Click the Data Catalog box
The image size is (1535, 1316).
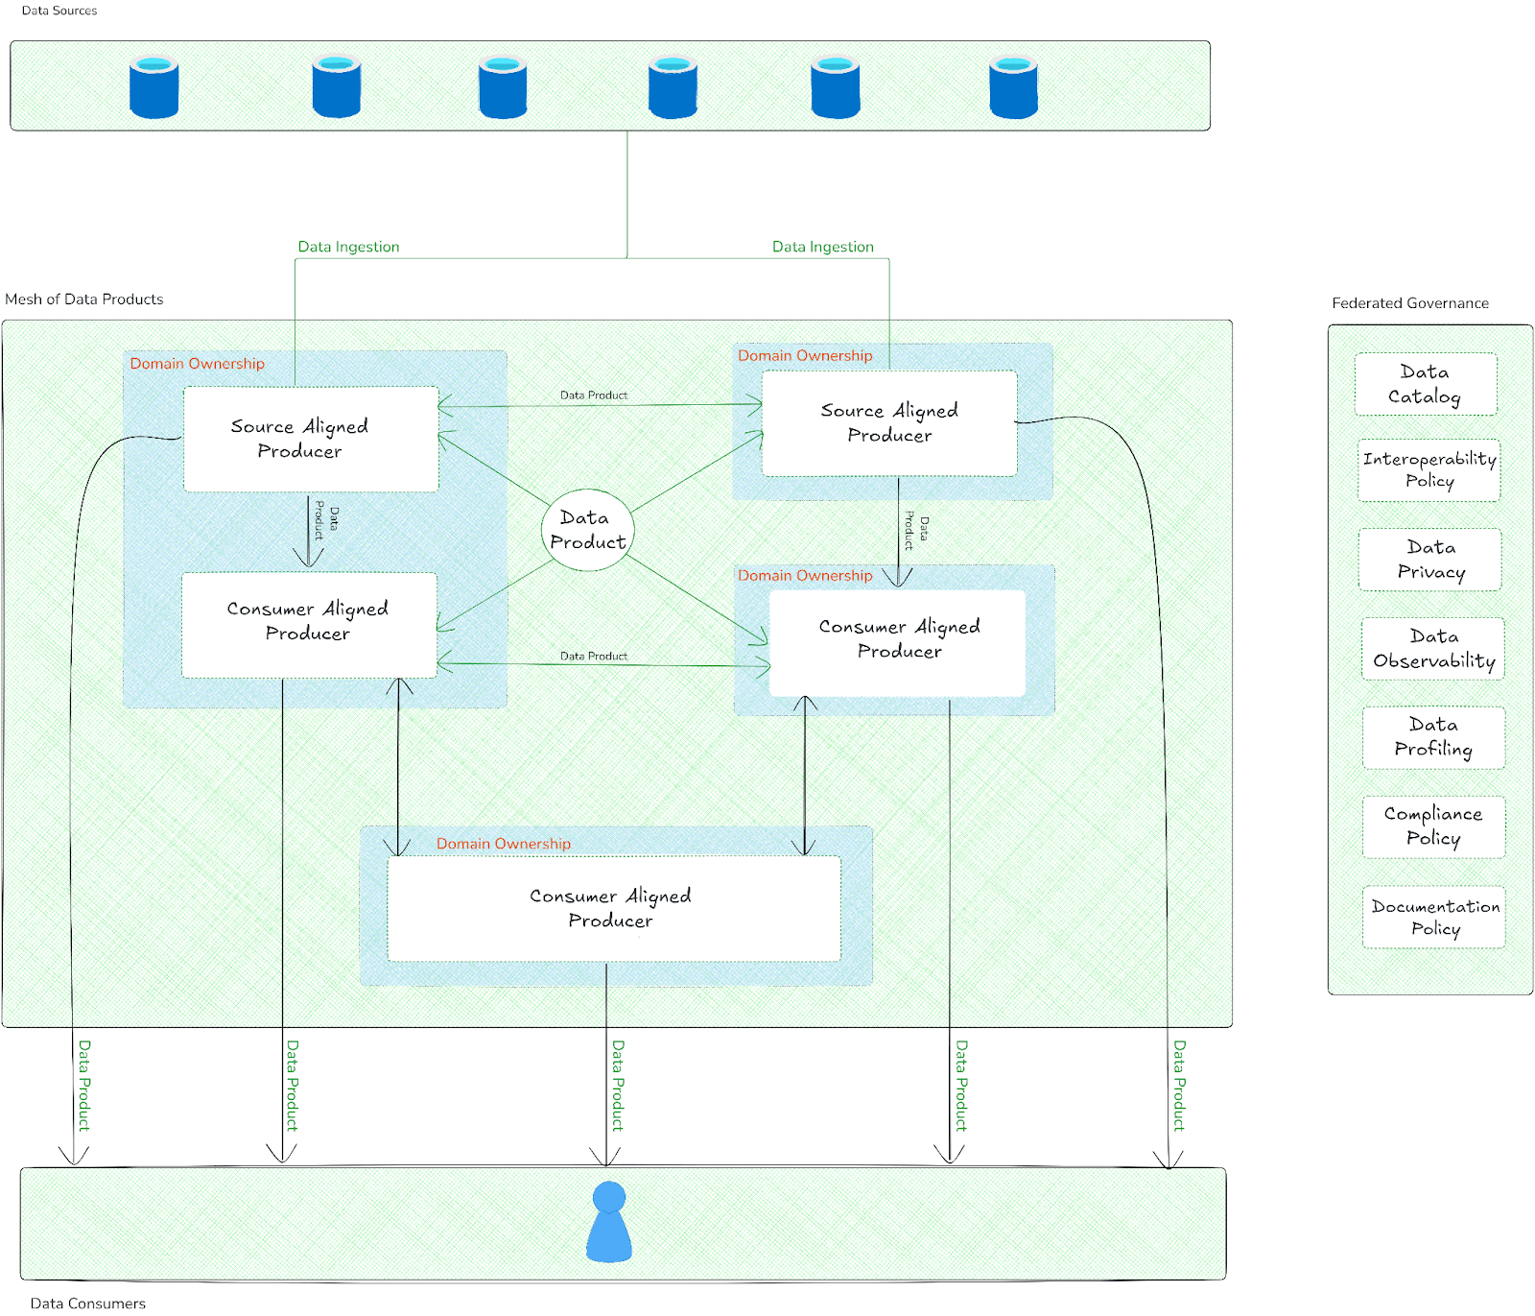point(1425,384)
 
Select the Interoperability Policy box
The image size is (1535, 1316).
point(1429,470)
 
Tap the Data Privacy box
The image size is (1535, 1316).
point(1429,560)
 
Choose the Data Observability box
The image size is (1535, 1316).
point(1432,649)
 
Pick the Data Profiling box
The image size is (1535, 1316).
point(1433,737)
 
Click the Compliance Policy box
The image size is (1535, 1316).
point(1433,826)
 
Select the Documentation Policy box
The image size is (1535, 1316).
point(1433,917)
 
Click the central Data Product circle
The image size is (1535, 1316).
point(587,530)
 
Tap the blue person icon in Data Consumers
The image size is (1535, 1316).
point(608,1222)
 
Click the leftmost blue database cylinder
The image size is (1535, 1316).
point(153,87)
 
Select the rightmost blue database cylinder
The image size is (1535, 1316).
point(1013,87)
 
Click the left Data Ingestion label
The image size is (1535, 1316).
point(348,247)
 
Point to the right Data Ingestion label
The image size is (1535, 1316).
point(822,247)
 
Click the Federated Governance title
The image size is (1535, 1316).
point(1409,303)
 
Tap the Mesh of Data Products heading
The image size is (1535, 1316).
point(84,299)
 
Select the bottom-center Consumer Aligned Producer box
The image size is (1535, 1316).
point(613,908)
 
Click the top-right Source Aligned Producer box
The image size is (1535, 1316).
point(888,423)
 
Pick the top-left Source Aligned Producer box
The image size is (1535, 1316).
point(310,439)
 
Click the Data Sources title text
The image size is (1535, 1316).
point(59,11)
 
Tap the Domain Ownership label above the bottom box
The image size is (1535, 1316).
point(503,844)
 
